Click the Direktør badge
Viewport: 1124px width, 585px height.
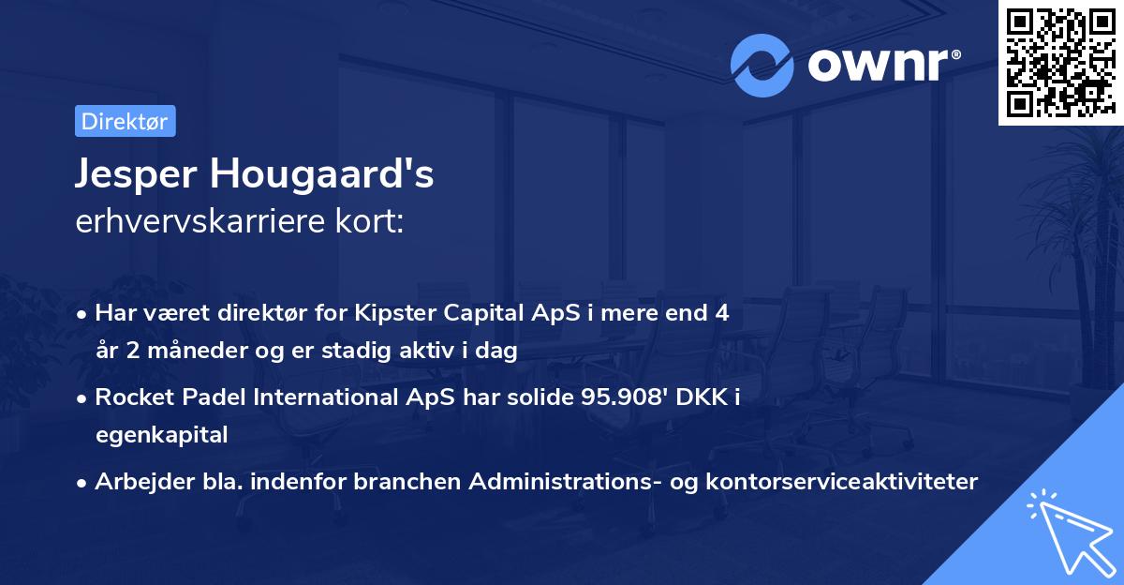pyautogui.click(x=125, y=121)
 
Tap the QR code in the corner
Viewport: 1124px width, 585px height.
pyautogui.click(x=1060, y=62)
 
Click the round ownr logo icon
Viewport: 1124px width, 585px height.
pyautogui.click(x=762, y=65)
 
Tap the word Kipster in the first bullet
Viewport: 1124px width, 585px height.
pyautogui.click(x=393, y=313)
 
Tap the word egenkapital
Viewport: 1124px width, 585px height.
pyautogui.click(x=161, y=435)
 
